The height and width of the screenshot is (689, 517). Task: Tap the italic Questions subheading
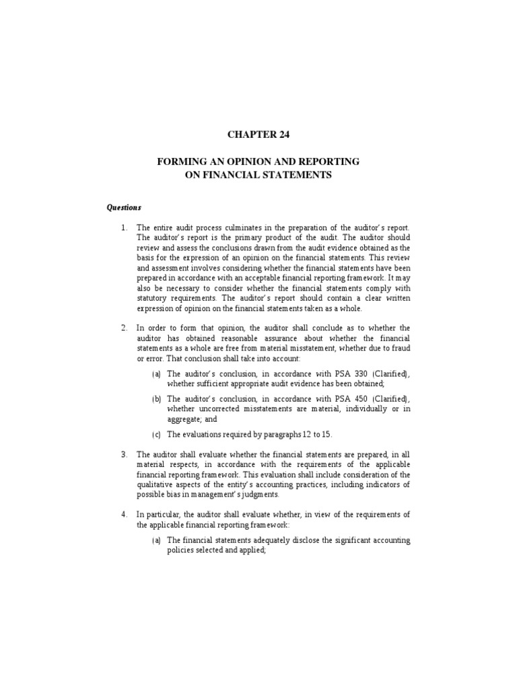coord(124,207)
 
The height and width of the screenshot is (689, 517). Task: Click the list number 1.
coord(124,228)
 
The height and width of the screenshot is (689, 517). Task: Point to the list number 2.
coord(124,328)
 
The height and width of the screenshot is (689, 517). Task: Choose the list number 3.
coord(124,454)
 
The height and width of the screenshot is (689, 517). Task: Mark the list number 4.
coord(124,515)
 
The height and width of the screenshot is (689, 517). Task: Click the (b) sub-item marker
coord(156,398)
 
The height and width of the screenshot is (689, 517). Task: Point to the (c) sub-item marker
coord(156,434)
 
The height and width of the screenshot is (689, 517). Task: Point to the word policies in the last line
coord(182,550)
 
